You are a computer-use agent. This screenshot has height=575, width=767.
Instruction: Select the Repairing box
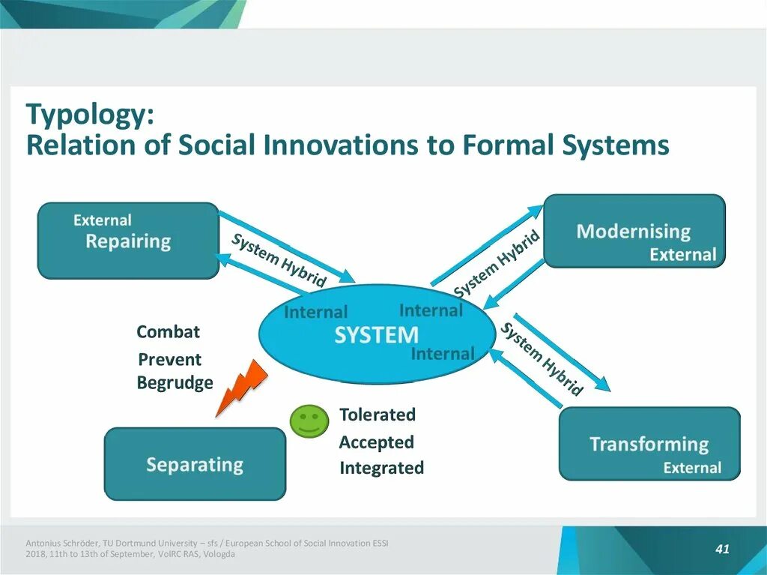click(x=128, y=241)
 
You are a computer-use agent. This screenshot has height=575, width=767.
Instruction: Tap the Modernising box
click(x=634, y=231)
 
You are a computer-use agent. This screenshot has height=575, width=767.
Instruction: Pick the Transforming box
click(x=649, y=444)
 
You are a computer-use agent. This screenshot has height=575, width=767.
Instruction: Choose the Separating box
click(x=195, y=464)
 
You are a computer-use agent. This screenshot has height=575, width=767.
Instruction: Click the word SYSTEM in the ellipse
click(x=376, y=334)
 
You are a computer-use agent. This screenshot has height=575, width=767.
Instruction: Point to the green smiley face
click(x=309, y=421)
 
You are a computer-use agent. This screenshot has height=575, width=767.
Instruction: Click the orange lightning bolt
click(x=240, y=386)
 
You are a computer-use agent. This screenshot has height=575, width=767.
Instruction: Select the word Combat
click(x=168, y=331)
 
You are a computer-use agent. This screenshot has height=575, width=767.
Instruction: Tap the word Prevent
click(x=169, y=359)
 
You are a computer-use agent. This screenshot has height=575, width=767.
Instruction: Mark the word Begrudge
click(x=175, y=383)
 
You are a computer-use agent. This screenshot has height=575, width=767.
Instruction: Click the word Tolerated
click(x=377, y=415)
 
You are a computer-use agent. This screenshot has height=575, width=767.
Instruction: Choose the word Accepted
click(x=376, y=442)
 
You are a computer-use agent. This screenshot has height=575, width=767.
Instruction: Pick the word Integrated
click(x=381, y=469)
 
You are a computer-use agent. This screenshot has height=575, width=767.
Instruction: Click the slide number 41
click(x=722, y=550)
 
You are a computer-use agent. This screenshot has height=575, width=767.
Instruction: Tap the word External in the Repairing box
click(x=102, y=220)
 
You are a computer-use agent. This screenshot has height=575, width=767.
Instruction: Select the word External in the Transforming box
click(x=692, y=468)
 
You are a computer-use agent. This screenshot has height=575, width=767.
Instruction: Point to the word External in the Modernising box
click(x=682, y=255)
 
